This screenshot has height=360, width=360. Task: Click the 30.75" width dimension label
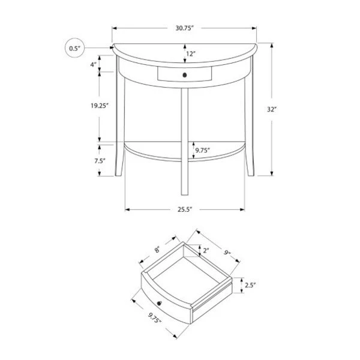pos(185,28)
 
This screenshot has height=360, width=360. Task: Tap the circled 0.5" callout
pos(75,48)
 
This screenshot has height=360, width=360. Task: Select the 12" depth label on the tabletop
pos(191,54)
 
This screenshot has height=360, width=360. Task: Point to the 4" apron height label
pos(94,65)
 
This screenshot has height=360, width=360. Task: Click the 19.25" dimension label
pos(100,106)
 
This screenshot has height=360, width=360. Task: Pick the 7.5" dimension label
pos(100,161)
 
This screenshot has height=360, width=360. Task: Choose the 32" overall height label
pos(271,110)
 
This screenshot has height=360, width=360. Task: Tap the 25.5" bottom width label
pos(185,209)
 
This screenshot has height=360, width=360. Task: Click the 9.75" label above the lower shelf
pos(203,151)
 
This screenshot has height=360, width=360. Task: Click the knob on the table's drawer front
pos(185,75)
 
